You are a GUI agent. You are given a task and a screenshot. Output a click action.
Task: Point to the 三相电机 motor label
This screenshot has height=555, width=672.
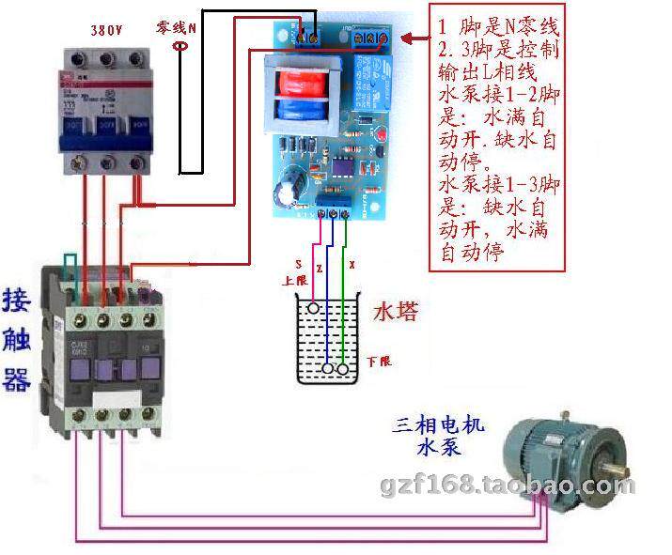(x=439, y=427)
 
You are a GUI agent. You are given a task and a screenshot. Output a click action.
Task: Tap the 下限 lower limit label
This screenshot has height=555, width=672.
(x=379, y=361)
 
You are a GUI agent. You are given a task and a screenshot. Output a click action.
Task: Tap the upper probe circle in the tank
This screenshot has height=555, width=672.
(x=314, y=307)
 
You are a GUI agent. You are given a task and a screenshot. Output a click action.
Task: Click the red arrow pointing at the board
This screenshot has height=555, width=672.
(x=413, y=38)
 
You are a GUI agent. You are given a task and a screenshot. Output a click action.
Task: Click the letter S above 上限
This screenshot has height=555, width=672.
(x=298, y=266)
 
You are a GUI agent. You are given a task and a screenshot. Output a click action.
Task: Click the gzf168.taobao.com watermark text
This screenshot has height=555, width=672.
(x=508, y=486)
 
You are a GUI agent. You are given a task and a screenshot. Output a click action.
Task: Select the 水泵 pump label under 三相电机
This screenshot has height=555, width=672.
(x=439, y=448)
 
